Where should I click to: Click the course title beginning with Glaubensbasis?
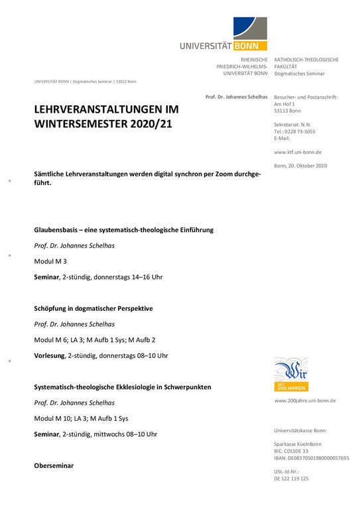[x=123, y=230]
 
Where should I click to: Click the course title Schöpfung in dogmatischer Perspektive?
[x=93, y=308]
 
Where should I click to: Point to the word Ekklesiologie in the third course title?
[x=141, y=386]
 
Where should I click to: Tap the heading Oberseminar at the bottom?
[x=54, y=466]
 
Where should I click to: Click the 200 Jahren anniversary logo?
[x=291, y=374]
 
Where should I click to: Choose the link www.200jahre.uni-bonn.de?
[x=305, y=401]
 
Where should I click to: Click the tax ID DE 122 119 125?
[x=291, y=478]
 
